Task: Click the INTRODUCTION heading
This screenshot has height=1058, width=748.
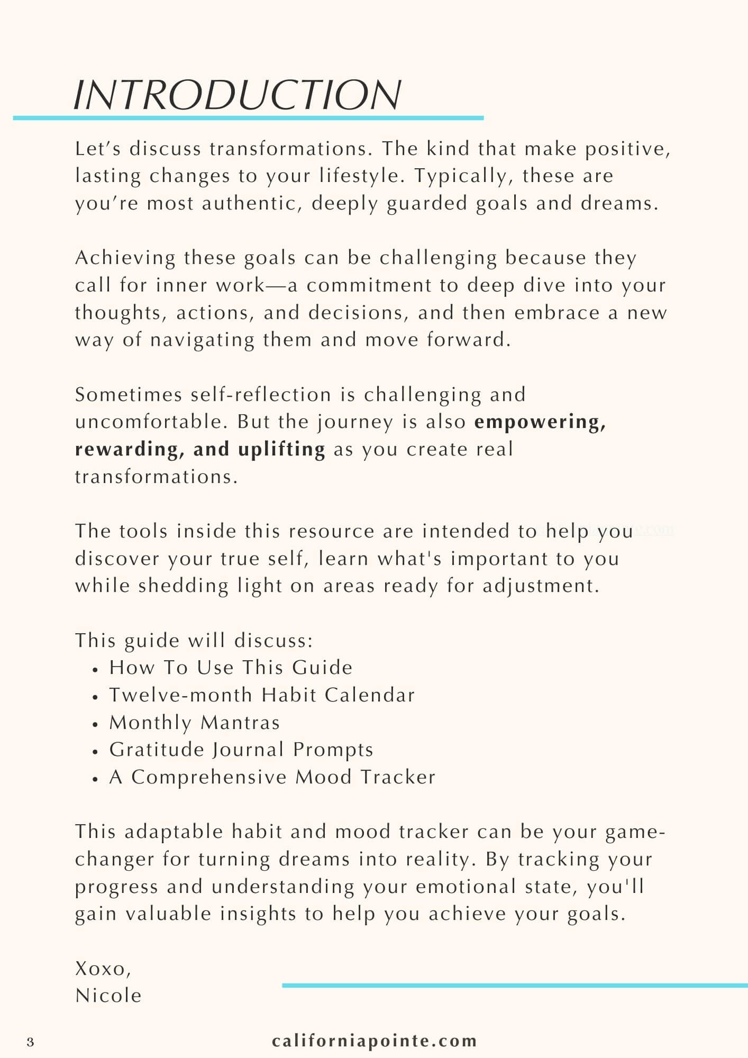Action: tap(237, 95)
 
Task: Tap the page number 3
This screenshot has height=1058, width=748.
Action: tap(30, 1042)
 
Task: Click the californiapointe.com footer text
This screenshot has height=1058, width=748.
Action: tap(375, 1041)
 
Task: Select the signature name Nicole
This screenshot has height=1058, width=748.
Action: tap(108, 996)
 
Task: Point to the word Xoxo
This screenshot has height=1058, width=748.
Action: tap(103, 968)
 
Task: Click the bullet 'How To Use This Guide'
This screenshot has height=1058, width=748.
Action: tap(231, 668)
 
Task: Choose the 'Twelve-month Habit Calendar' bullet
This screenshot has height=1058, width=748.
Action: tap(262, 695)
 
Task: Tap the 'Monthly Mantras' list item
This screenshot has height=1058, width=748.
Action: tap(194, 723)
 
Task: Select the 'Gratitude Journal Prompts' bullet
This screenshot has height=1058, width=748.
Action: tap(241, 750)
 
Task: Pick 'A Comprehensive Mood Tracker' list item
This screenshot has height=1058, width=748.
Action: tap(272, 777)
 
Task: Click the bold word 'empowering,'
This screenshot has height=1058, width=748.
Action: tap(540, 422)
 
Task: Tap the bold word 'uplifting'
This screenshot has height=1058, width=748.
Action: tap(281, 449)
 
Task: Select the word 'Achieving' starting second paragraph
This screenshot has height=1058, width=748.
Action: tap(125, 258)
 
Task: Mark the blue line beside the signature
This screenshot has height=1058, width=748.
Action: tap(514, 985)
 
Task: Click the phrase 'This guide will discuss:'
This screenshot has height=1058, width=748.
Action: tap(194, 641)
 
